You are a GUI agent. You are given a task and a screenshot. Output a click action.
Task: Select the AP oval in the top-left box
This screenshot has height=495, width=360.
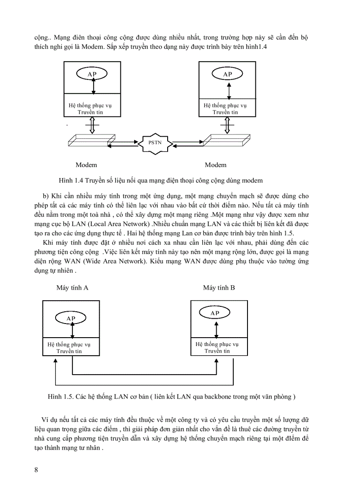92,74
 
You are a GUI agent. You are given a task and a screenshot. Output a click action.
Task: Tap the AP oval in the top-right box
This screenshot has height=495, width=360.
227,74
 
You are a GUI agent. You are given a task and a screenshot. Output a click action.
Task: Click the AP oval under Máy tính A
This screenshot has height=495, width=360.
71,318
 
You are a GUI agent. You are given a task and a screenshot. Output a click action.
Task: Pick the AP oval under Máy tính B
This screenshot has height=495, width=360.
214,313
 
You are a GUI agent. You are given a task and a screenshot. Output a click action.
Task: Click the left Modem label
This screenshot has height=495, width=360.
86,165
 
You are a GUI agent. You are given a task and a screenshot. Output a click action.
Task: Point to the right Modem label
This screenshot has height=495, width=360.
216,165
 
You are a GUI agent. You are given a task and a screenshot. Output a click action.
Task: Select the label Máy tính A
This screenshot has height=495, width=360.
72,288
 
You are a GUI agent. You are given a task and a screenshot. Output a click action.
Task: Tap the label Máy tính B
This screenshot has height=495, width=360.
219,288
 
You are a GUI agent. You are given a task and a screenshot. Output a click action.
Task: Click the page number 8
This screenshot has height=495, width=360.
36,469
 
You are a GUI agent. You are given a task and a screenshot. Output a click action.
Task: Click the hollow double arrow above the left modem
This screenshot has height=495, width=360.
92,125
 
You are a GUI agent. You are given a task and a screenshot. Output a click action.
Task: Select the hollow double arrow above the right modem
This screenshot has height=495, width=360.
227,125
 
